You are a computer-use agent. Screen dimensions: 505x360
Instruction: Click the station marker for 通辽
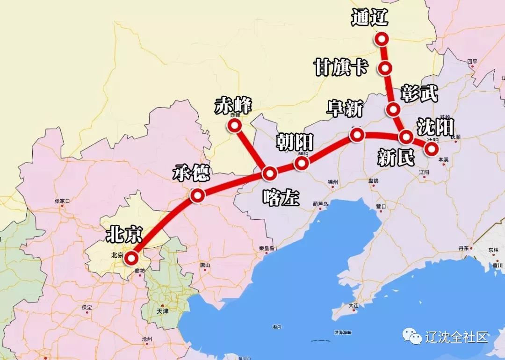(382, 39)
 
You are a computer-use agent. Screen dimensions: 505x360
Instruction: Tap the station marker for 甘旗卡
(385, 68)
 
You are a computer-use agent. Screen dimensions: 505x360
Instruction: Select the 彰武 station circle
(393, 110)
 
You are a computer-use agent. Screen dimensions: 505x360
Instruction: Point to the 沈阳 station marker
(431, 149)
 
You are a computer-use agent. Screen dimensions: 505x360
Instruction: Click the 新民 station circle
(406, 137)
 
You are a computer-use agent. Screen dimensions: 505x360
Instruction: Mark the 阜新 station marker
(357, 135)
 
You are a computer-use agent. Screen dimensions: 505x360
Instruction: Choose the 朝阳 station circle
(302, 163)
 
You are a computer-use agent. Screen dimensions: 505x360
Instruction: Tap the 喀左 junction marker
(270, 174)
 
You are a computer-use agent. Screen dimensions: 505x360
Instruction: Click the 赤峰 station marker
(233, 125)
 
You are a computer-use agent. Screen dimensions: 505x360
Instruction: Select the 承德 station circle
(197, 196)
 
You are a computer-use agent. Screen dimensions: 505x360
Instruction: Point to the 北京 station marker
(131, 258)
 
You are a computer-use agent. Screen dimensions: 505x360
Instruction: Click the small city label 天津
(162, 310)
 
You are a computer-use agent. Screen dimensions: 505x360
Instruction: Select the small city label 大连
(353, 305)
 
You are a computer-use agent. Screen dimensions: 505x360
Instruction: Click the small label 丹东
(463, 248)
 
